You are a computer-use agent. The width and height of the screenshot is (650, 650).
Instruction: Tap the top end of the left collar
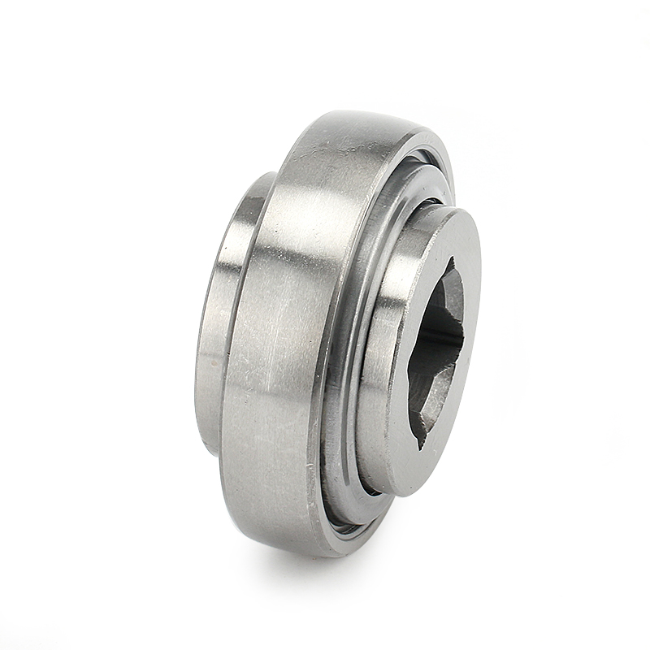click(x=264, y=175)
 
